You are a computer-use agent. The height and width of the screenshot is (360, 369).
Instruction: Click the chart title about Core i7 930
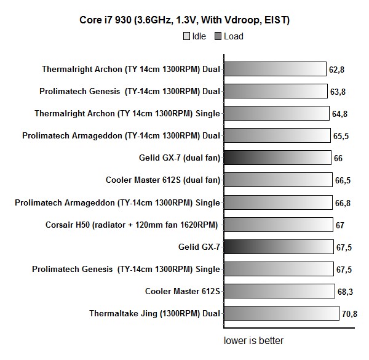pyautogui.click(x=184, y=20)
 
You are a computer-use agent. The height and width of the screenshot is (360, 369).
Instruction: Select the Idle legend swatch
pyautogui.click(x=186, y=37)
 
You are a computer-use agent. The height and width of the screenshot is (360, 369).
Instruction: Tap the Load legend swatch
pyautogui.click(x=217, y=37)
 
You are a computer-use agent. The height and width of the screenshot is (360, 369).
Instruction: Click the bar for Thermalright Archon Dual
pyautogui.click(x=274, y=69)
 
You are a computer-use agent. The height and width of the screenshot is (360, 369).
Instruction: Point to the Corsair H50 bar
pyautogui.click(x=277, y=225)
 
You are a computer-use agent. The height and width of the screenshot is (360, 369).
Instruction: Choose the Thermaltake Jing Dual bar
pyautogui.click(x=281, y=314)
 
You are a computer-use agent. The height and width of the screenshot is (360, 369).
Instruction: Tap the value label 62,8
pyautogui.click(x=336, y=70)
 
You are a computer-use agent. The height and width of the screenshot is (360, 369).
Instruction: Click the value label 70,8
pyautogui.click(x=349, y=314)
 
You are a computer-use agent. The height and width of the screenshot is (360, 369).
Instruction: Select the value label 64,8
pyautogui.click(x=340, y=114)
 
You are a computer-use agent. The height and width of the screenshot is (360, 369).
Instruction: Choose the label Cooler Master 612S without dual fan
pyautogui.click(x=182, y=291)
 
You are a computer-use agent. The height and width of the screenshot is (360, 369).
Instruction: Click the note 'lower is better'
pyautogui.click(x=253, y=340)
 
